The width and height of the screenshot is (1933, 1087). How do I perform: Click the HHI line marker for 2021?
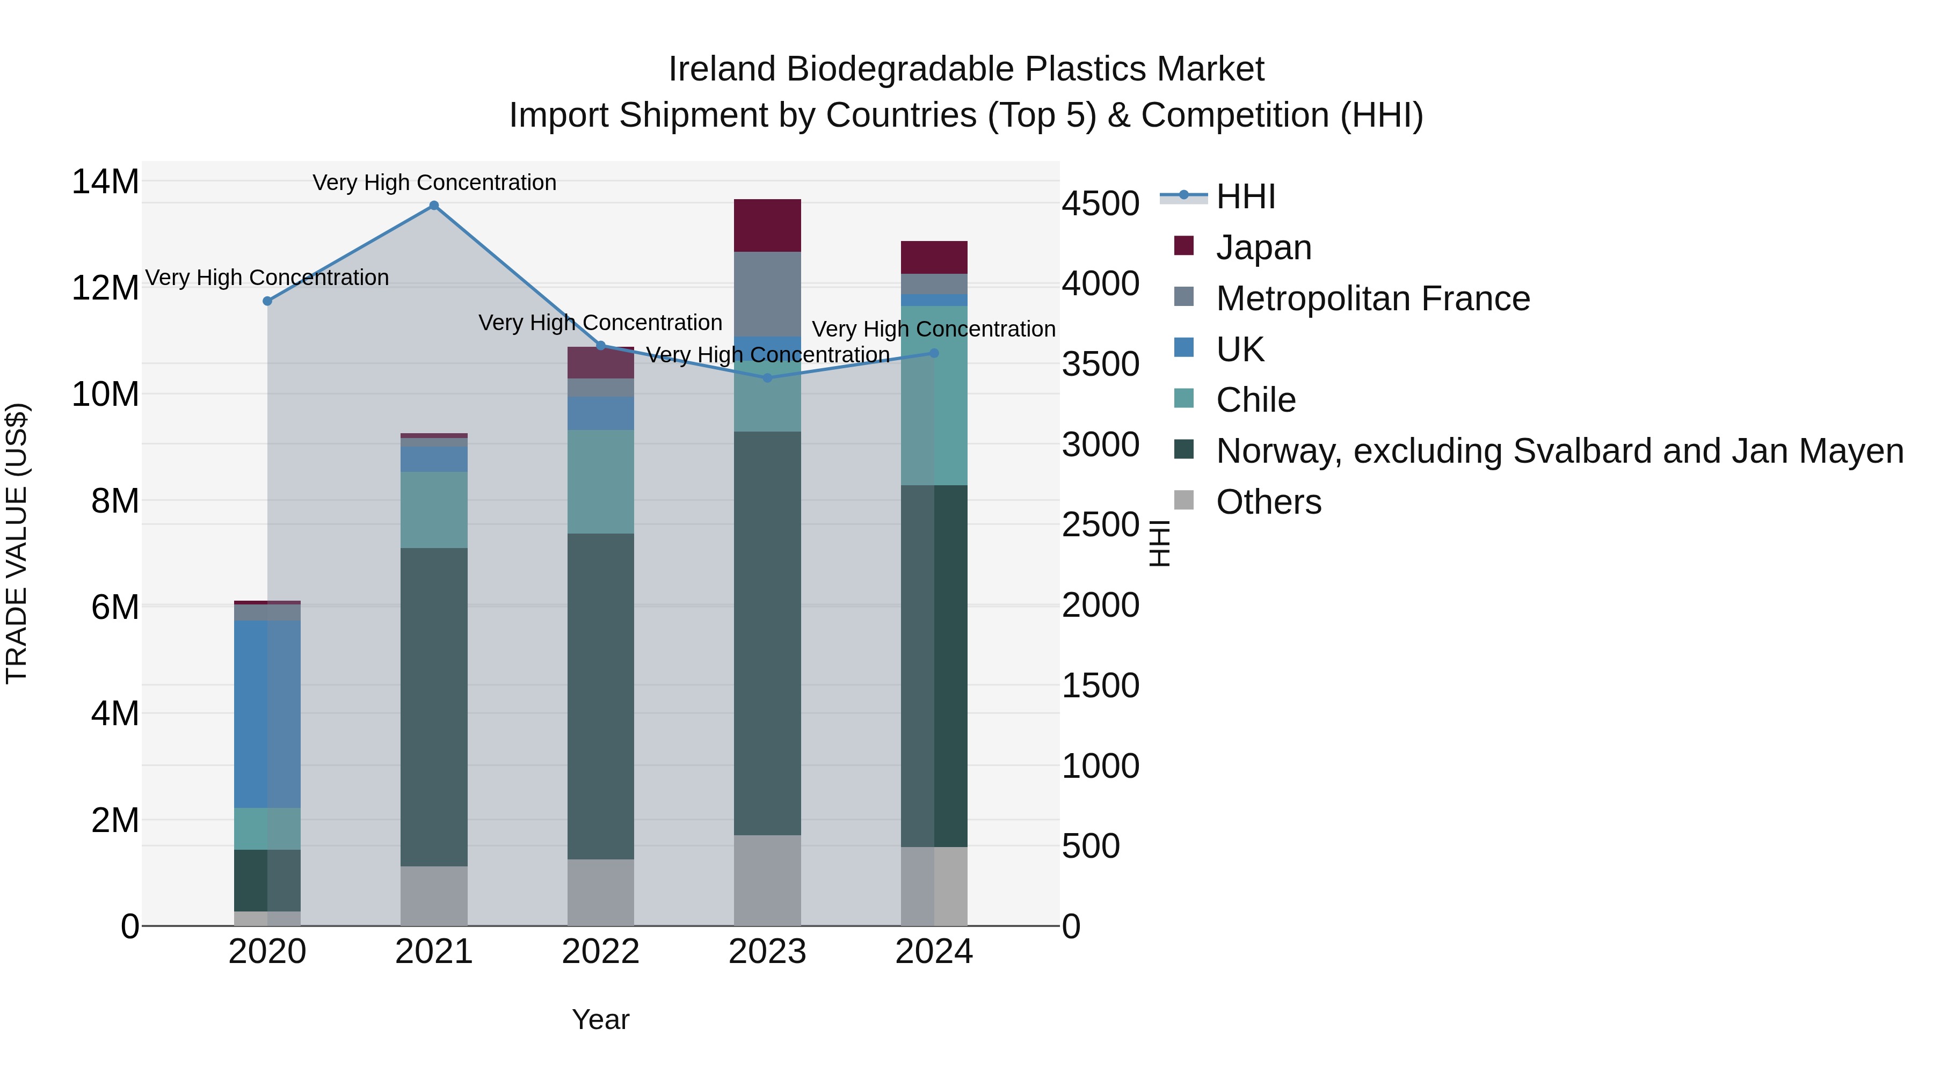tap(434, 206)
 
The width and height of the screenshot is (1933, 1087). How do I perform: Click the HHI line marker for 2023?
tap(767, 378)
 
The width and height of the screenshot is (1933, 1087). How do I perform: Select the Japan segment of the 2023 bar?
tap(767, 225)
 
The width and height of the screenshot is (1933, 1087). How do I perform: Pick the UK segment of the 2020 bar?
tap(267, 713)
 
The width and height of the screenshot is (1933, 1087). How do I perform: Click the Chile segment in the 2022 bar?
tap(600, 482)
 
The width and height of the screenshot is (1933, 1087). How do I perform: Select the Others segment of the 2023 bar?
tap(767, 880)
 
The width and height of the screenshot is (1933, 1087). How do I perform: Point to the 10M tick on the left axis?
tap(105, 395)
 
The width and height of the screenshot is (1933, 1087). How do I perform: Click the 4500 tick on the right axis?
tap(1100, 204)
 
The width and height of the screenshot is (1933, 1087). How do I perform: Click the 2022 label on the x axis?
tap(600, 952)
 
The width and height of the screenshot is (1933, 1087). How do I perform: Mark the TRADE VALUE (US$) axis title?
tap(17, 543)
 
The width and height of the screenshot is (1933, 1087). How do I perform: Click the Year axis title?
tap(600, 1019)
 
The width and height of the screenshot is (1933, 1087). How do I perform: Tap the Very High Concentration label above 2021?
tap(434, 183)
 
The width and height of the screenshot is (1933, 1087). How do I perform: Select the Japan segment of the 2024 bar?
tap(934, 257)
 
